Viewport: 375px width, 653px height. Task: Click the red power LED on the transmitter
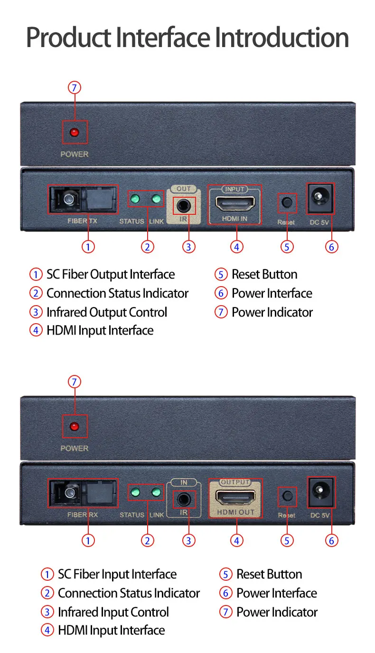tap(75, 132)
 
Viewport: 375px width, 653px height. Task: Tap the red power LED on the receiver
tap(75, 426)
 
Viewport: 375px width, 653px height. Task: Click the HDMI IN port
tap(234, 204)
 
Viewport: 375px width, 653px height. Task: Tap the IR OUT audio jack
tap(184, 206)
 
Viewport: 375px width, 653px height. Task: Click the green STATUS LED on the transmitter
tap(135, 199)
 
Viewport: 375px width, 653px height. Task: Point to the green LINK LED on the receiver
tap(156, 492)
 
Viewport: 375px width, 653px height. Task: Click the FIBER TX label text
tap(84, 221)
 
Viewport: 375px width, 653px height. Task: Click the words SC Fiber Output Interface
tap(110, 275)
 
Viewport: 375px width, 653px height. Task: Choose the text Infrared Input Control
tap(113, 612)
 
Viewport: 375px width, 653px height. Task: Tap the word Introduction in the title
tap(282, 38)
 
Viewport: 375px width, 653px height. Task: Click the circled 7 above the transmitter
tap(75, 88)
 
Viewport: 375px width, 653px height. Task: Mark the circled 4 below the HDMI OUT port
tap(236, 540)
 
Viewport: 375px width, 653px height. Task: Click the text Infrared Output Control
tap(107, 312)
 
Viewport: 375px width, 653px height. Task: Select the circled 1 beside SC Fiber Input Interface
tap(47, 575)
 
